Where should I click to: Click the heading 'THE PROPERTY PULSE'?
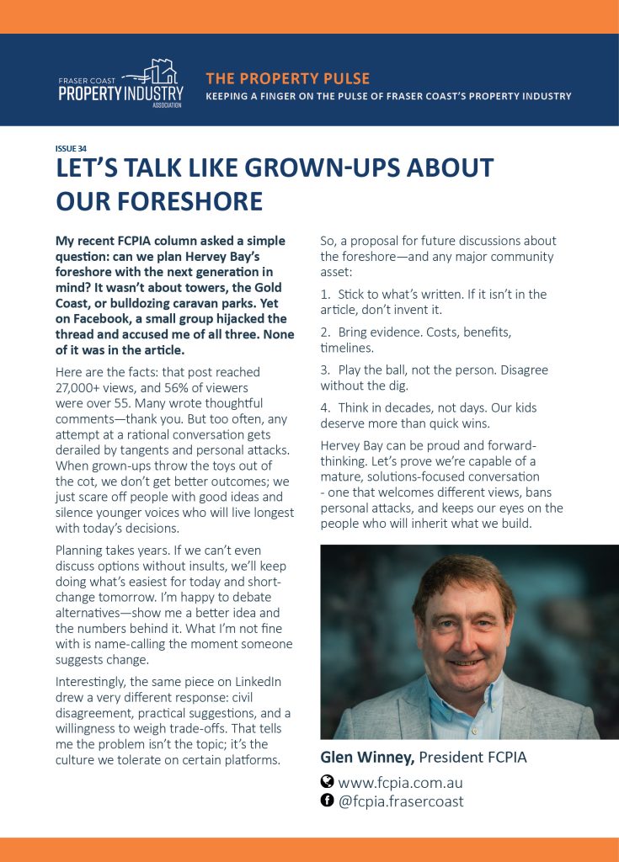pos(287,78)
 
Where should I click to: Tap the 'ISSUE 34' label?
pos(71,149)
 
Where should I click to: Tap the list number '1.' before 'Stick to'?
pos(325,295)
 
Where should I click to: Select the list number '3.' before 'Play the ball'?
pos(325,370)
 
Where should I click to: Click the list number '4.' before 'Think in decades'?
pos(325,407)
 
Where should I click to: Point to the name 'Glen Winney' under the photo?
pos(366,757)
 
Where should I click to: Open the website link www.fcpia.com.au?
pos(400,782)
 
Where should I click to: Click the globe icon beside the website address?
pos(328,781)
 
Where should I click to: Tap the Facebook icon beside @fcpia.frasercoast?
pos(328,801)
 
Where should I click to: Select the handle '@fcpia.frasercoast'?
pos(400,801)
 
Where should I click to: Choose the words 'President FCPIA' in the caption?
pos(472,757)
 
